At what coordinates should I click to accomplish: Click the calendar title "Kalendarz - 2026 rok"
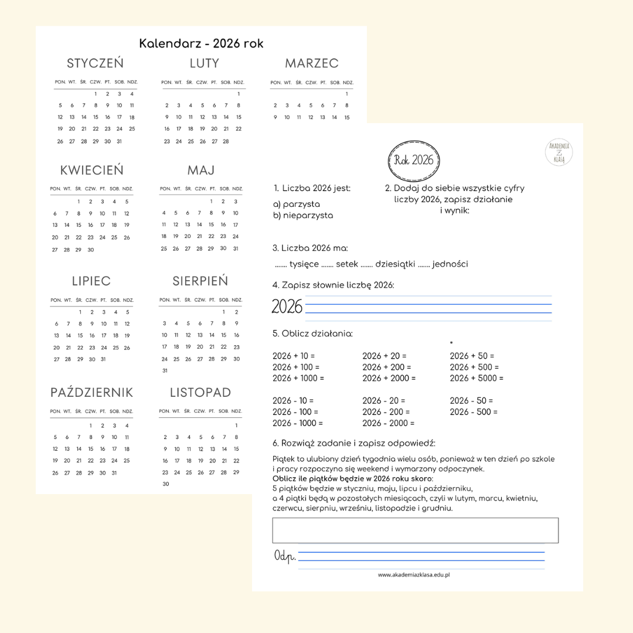point(201,44)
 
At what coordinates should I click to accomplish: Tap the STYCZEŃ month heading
point(95,63)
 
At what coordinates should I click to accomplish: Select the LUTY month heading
point(204,63)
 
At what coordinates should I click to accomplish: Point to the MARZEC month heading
point(311,63)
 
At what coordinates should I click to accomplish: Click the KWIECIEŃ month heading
point(91,171)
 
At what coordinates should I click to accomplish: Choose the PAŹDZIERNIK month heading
point(91,393)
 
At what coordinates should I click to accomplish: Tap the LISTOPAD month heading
point(200,393)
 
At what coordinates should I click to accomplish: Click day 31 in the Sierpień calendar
point(165,371)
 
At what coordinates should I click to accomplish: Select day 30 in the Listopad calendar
point(166,484)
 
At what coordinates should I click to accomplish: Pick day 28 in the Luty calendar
point(226,141)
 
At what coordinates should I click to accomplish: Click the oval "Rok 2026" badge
point(414,160)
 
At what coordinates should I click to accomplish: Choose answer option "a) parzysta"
point(297,205)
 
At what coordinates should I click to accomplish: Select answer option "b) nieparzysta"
point(303,216)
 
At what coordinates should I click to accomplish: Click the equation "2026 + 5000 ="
point(477,378)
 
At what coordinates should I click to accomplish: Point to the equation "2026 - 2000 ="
point(388,423)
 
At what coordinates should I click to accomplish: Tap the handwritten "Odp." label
point(284,556)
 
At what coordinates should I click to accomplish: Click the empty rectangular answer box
point(415,530)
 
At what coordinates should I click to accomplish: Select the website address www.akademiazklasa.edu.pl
point(414,575)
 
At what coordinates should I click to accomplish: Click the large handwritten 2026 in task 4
point(287,307)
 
